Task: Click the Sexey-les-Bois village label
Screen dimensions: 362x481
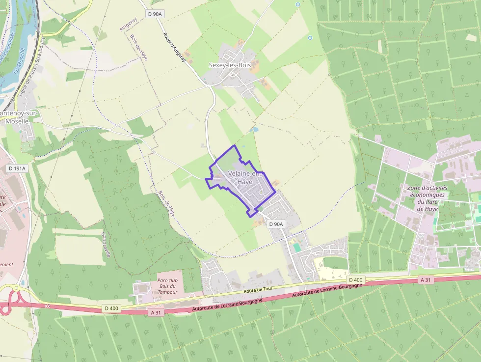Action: pos(230,65)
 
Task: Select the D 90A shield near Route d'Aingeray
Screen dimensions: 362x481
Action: pos(155,14)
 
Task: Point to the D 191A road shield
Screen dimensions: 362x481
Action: pos(17,168)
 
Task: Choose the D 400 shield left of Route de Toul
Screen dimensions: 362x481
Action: pos(111,308)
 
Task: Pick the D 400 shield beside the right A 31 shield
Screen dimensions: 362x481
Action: pos(355,280)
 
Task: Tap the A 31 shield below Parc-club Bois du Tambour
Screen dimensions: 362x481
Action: pos(156,312)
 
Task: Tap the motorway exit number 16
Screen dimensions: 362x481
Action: pos(47,306)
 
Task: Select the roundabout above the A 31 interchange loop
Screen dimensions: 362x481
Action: pos(16,288)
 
